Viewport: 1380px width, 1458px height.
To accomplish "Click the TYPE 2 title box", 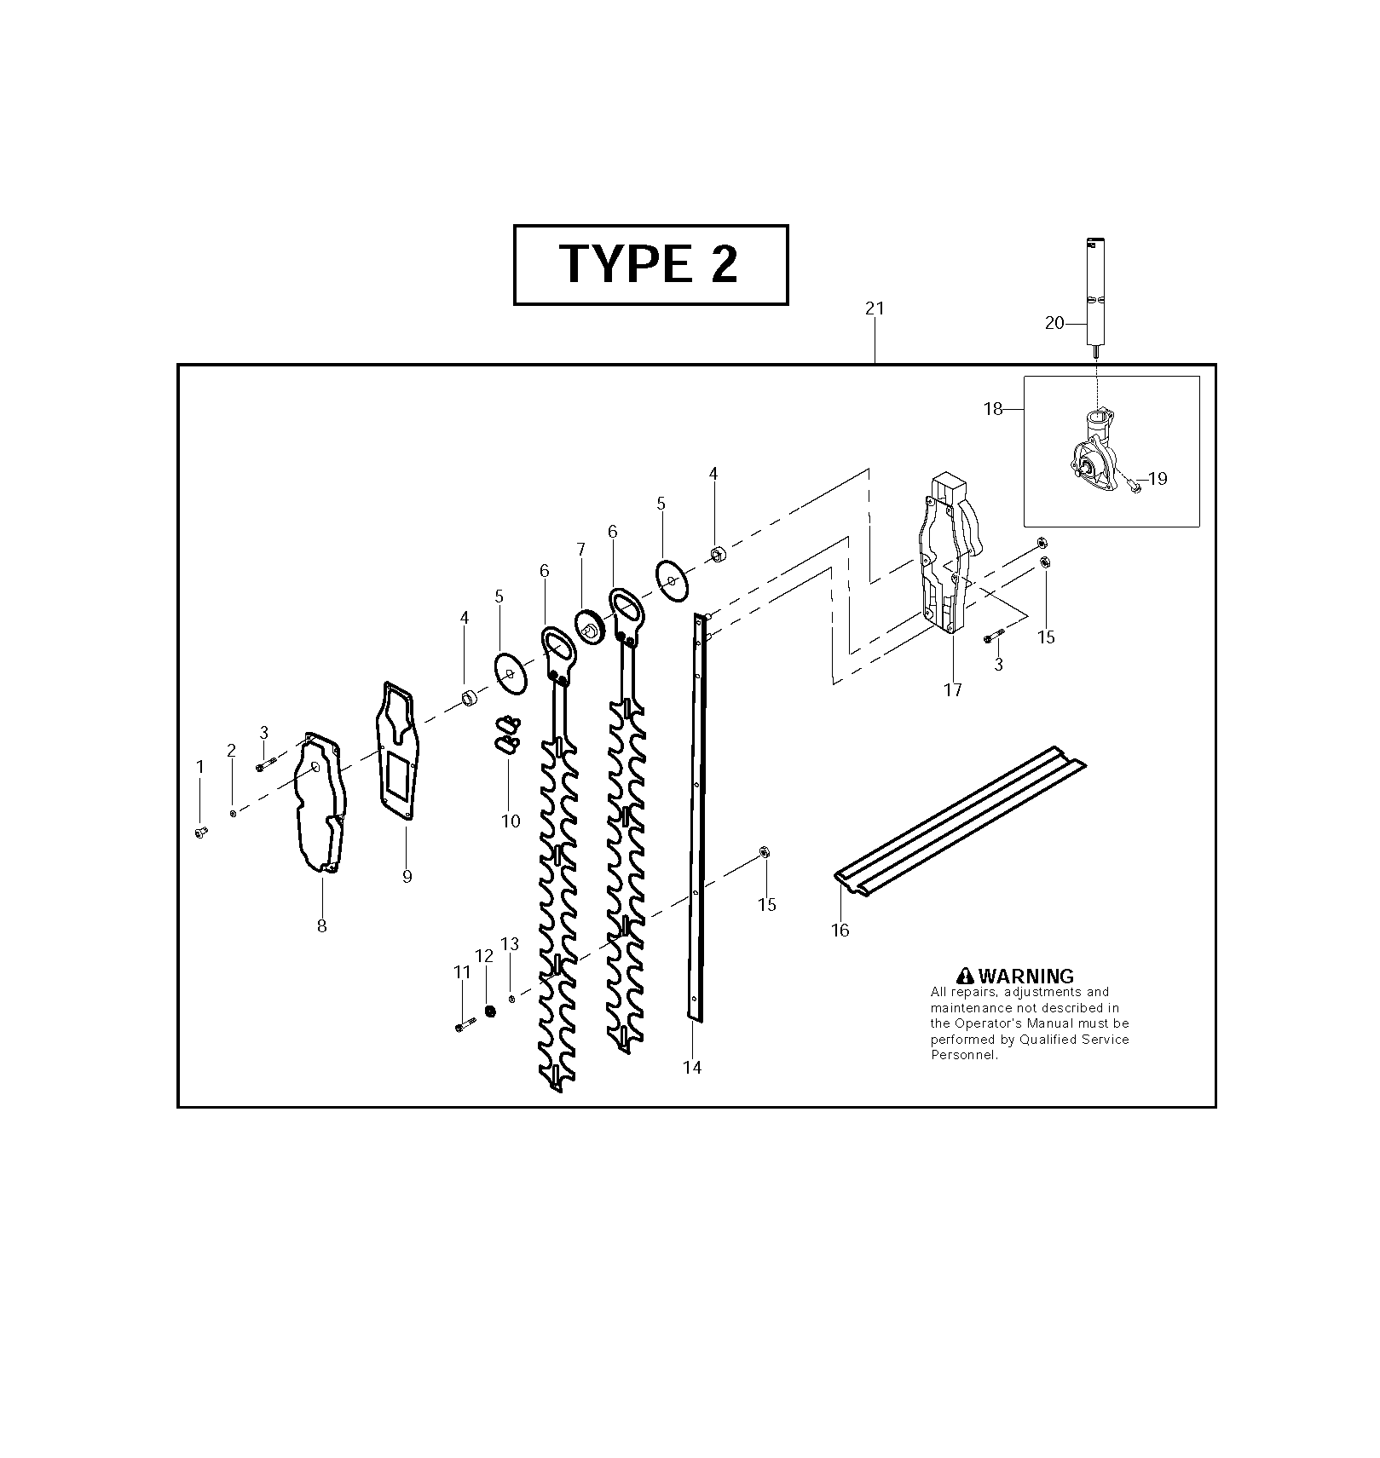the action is [x=650, y=264].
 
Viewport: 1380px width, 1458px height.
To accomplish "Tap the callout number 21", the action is [x=875, y=308].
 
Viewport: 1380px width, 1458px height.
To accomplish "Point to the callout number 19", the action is [x=1158, y=479].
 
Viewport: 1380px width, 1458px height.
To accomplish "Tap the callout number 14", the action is [x=691, y=1067].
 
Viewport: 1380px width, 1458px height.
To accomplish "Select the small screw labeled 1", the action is [x=201, y=833].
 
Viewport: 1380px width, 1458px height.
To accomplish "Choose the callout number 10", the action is [x=510, y=821].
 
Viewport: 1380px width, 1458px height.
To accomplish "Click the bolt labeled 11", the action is [x=465, y=1025].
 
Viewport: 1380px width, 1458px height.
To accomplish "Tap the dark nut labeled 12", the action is [x=490, y=1011].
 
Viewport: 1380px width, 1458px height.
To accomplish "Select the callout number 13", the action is [x=510, y=944].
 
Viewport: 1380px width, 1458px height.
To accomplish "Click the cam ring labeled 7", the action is [x=589, y=626].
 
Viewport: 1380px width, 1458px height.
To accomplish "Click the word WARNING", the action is [x=1026, y=976].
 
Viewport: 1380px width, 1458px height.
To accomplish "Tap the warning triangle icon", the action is [x=965, y=976].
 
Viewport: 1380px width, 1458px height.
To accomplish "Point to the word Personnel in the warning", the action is [x=963, y=1055].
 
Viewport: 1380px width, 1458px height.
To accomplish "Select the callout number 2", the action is [x=231, y=751].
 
